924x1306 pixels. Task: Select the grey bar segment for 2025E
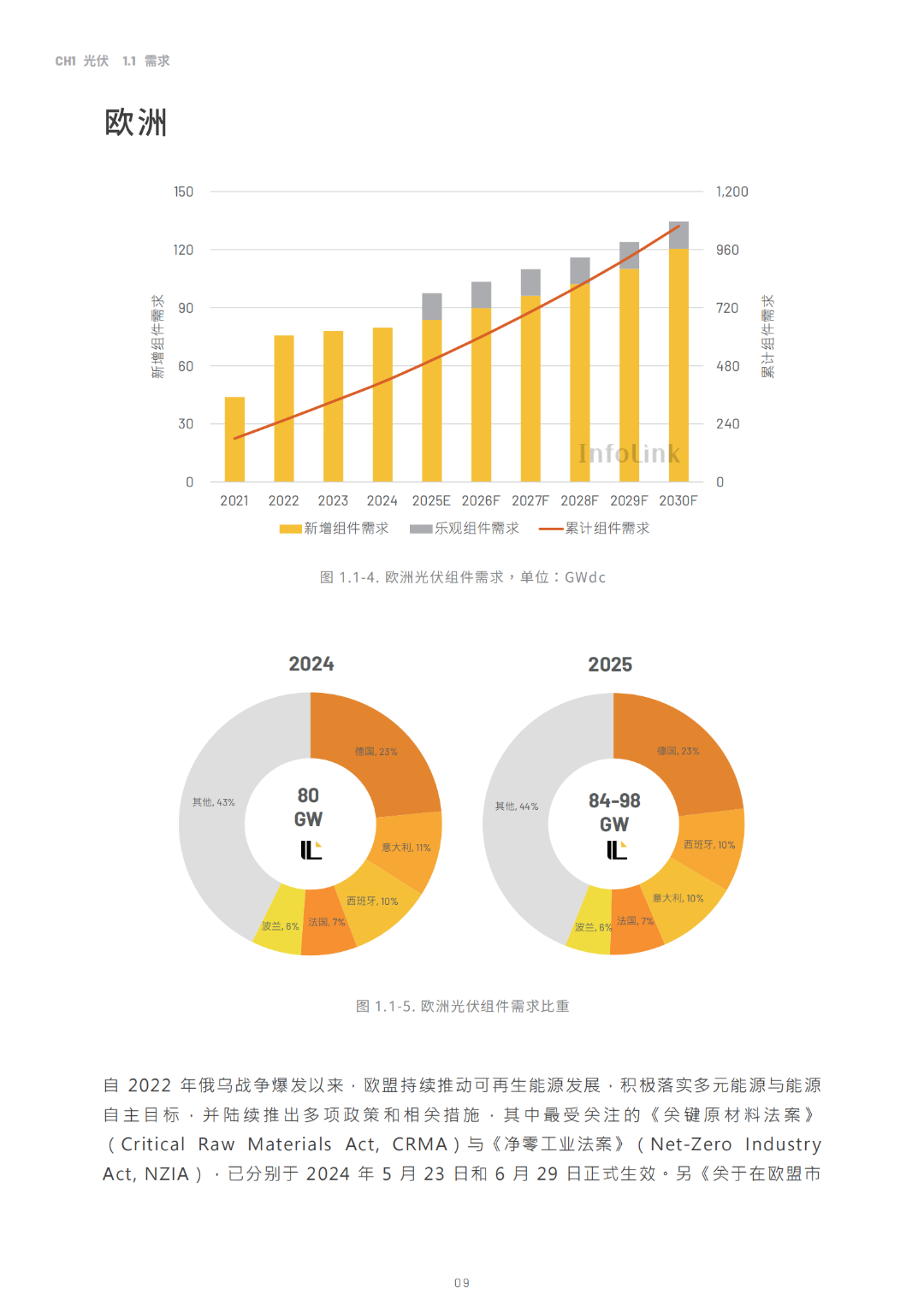432,306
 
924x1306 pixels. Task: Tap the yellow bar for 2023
333,406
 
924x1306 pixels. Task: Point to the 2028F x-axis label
579,500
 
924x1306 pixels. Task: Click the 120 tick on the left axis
184,250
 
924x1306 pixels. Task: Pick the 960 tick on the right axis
727,250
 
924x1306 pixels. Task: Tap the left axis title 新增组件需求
157,337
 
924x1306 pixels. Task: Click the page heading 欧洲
136,122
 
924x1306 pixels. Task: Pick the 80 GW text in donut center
308,807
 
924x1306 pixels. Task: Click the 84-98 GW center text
614,813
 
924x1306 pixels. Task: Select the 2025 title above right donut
610,665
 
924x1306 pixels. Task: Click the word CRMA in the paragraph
419,1144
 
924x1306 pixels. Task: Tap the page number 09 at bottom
462,1283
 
